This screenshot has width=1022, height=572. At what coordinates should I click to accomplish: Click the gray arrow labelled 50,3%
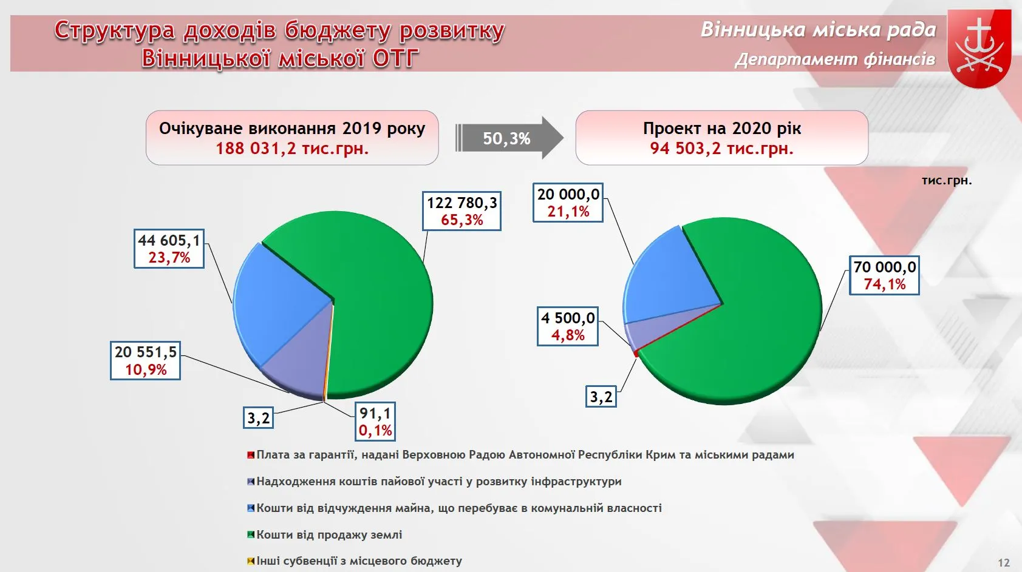(509, 138)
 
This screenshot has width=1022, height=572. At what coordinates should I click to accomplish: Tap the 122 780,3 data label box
(462, 211)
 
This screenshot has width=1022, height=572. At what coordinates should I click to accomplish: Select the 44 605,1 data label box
(169, 249)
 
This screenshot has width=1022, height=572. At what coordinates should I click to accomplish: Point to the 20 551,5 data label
(145, 360)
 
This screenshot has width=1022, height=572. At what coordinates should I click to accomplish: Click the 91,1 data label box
(375, 422)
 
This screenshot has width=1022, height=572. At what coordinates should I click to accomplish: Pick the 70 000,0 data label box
(884, 275)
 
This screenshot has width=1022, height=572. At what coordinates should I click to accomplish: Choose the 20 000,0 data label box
(568, 203)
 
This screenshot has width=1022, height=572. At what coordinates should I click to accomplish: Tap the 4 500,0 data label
(568, 326)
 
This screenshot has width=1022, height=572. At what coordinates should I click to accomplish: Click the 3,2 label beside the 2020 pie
(601, 397)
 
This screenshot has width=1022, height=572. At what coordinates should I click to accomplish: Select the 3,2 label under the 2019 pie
(258, 417)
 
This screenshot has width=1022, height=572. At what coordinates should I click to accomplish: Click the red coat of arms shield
(979, 48)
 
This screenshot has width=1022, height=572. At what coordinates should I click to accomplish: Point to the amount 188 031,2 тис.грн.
(292, 149)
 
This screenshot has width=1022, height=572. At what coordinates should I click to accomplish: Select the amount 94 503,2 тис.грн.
(722, 149)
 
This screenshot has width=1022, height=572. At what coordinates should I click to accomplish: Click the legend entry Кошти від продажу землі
(324, 534)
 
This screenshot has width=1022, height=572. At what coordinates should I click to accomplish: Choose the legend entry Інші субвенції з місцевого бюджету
(355, 560)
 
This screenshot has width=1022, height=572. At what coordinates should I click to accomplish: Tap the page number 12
(1004, 563)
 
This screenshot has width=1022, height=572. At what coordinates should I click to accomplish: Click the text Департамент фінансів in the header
(835, 59)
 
